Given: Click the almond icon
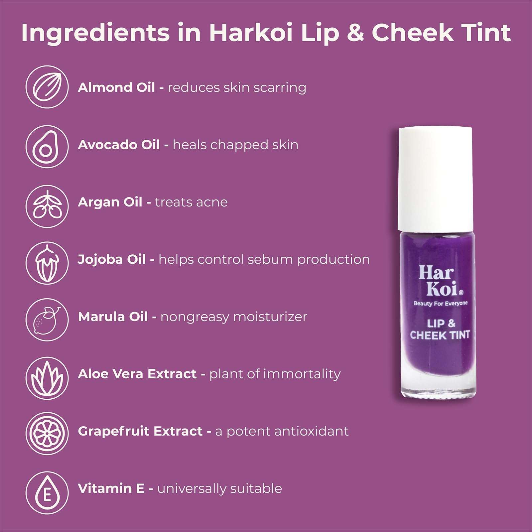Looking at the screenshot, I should tap(47, 87).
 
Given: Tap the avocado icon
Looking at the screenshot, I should tap(47, 146).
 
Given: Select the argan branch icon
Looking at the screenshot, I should tap(47, 206).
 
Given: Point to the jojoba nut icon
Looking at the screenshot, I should tap(47, 263).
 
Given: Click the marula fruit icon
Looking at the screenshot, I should tap(47, 320).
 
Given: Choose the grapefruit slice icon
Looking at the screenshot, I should tap(47, 434).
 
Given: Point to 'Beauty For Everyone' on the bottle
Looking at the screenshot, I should tap(440, 303).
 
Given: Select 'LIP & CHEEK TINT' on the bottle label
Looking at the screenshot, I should tap(440, 329).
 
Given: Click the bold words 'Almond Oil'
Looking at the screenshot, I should tap(116, 87).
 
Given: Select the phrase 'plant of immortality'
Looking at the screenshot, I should tap(275, 374).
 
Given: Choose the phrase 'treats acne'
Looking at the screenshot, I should tap(191, 202).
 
